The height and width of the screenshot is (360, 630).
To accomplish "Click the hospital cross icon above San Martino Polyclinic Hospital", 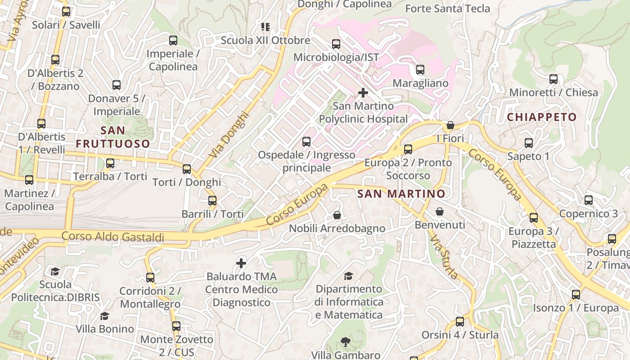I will (x=363, y=93).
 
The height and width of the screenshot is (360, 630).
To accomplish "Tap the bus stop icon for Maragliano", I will (x=420, y=70).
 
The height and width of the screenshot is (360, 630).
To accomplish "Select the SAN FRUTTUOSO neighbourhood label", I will (x=112, y=137).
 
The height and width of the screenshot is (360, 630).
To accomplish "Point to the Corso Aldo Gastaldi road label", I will (x=112, y=237).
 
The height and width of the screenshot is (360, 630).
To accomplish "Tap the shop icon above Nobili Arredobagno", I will (x=337, y=216).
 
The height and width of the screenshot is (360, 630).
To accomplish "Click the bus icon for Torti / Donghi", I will (x=187, y=169).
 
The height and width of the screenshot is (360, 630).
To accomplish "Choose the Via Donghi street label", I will (x=229, y=134).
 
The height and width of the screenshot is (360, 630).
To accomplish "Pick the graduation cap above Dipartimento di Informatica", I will (x=348, y=276).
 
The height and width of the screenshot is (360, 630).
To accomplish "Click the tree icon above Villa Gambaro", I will (x=346, y=342).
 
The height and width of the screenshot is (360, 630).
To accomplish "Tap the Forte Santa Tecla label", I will (x=447, y=9).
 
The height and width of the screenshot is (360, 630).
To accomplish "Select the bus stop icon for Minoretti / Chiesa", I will (x=553, y=79).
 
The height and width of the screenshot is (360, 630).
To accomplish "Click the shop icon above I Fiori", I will (x=450, y=125).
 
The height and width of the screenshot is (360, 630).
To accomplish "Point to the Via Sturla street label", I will (x=444, y=256).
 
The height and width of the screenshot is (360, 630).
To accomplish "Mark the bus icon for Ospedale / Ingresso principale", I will (x=306, y=142).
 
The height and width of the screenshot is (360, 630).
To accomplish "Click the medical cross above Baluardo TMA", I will (x=241, y=263).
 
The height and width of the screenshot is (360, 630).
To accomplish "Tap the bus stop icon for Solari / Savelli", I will (x=66, y=12).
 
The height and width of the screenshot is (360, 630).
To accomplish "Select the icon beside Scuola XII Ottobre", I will (x=265, y=27).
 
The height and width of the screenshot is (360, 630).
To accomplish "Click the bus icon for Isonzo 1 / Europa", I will (x=576, y=295).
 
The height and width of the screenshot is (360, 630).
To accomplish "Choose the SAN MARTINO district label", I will (x=401, y=194).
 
